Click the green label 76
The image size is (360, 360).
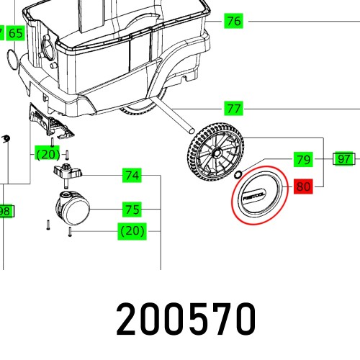pos(233,21)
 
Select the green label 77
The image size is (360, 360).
pos(233,109)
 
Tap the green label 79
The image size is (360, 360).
pos(302,159)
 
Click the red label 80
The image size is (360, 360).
pos(302,187)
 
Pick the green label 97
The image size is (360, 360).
pos(344,159)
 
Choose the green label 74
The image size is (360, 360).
pos(132,175)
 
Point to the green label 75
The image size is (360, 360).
pos(132,210)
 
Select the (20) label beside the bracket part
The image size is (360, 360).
pos(48,153)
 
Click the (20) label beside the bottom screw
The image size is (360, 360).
pos(132,231)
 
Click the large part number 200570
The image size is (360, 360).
pos(186,318)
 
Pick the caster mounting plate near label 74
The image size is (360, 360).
pos(67,173)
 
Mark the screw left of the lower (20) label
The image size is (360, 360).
pos(70,231)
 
